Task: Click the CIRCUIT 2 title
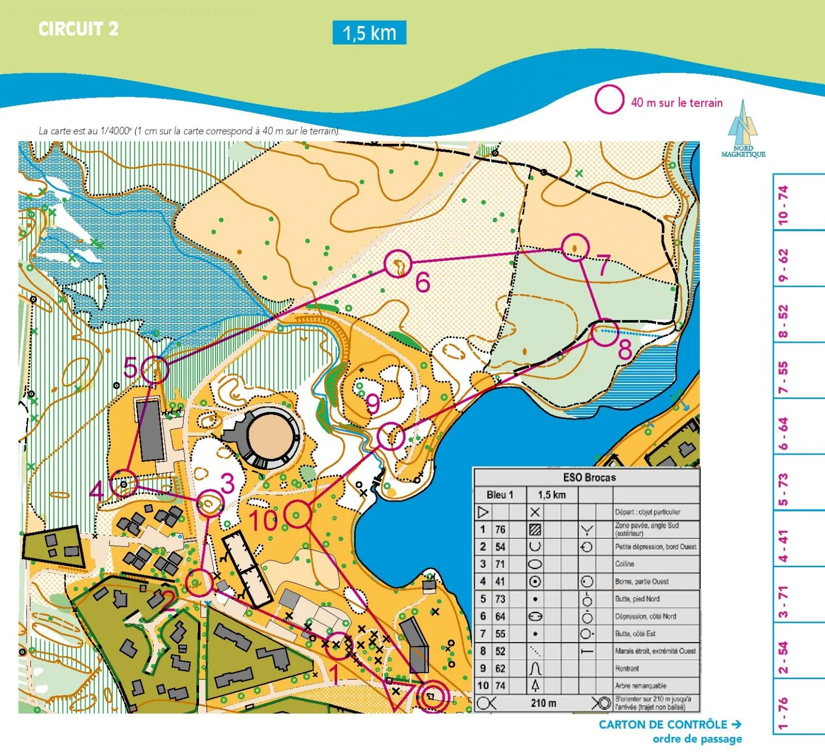[x=78, y=29]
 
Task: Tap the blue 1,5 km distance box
[x=369, y=33]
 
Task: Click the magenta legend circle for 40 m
[x=609, y=100]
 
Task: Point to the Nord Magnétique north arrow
[x=742, y=129]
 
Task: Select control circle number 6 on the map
[x=398, y=264]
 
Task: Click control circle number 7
[x=575, y=247]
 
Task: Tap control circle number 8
[x=604, y=333]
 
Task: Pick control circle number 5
[x=155, y=370]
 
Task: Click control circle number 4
[x=124, y=484]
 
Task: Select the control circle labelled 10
[x=298, y=514]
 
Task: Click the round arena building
[x=268, y=436]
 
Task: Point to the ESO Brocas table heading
[x=589, y=477]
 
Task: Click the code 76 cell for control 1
[x=500, y=529]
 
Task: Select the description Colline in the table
[x=624, y=564]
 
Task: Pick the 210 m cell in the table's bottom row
[x=543, y=703]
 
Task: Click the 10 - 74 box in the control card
[x=783, y=204]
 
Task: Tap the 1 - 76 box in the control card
[x=783, y=712]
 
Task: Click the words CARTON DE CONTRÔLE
[x=663, y=724]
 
